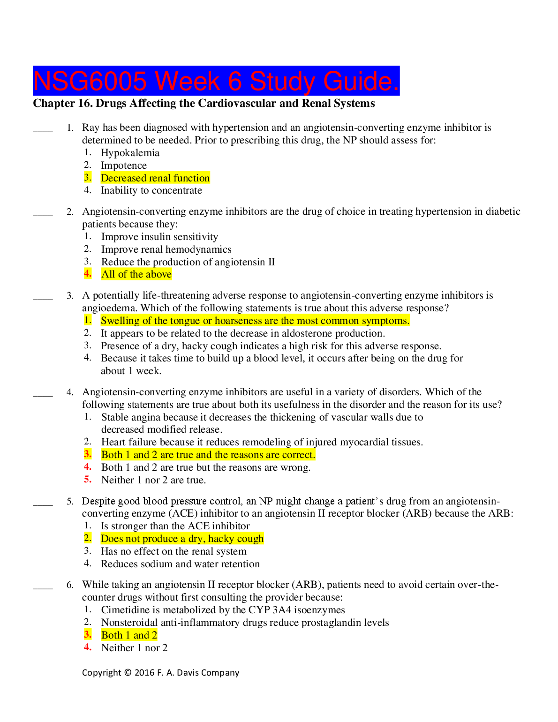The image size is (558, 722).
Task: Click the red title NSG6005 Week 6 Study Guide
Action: [216, 81]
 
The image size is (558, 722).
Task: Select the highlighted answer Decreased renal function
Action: [155, 178]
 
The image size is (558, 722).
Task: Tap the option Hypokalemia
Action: [130, 153]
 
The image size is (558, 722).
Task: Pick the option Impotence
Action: [124, 165]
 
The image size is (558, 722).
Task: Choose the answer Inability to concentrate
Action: [151, 190]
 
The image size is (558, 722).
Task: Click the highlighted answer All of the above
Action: [136, 274]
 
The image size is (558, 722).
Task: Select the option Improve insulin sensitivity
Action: [159, 237]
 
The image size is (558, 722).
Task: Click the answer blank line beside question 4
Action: [43, 395]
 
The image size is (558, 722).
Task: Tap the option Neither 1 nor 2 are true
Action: [153, 480]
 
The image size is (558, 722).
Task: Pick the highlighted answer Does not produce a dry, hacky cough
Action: [182, 539]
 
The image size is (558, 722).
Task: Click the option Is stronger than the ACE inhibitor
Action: [175, 526]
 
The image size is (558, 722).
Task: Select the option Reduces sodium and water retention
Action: [180, 564]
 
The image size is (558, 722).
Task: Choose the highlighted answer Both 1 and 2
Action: [129, 635]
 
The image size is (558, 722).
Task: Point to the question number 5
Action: [70, 501]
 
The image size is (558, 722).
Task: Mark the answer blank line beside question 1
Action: [43, 130]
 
